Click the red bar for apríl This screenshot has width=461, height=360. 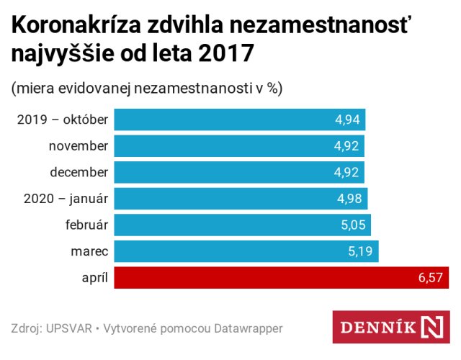281,278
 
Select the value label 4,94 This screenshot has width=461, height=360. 348,120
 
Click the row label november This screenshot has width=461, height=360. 79,146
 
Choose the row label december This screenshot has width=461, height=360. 79,172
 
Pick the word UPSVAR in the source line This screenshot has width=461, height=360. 69,328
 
